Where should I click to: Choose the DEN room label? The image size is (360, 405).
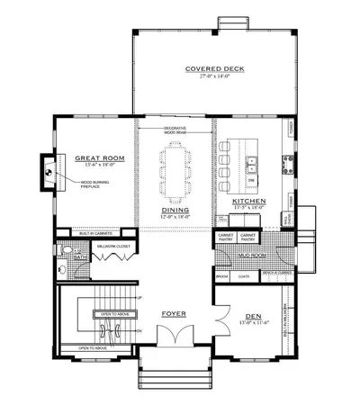[x=251, y=316]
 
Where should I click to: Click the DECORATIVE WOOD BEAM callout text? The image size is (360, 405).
[x=175, y=130]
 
